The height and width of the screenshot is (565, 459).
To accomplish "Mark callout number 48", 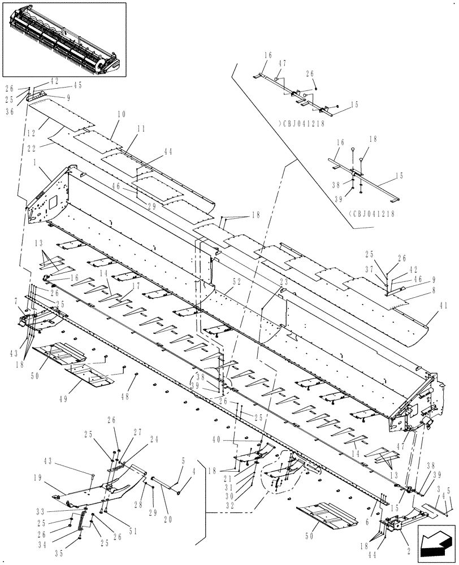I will point(124,396).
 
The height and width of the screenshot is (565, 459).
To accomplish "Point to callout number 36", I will point(10,112).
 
